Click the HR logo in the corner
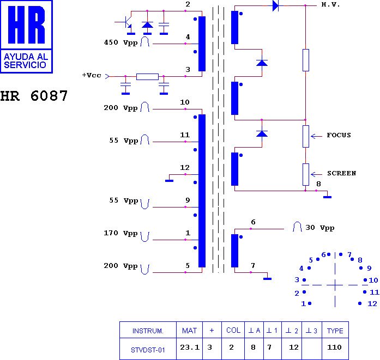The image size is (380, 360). click(27, 36)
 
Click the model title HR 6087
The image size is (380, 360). click(34, 96)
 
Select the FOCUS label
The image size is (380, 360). click(339, 135)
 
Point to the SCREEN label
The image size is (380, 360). click(341, 173)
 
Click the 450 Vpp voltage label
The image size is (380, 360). click(120, 42)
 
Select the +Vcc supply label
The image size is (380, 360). click(91, 75)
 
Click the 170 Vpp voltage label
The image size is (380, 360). click(120, 234)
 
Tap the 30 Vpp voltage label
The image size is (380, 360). click(319, 228)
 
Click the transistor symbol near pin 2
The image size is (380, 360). click(127, 23)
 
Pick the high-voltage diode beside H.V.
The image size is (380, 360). click(275, 6)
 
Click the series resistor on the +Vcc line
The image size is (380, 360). click(147, 77)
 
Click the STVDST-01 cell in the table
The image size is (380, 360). click(148, 350)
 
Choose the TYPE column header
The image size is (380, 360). click(335, 330)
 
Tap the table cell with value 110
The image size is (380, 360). click(335, 347)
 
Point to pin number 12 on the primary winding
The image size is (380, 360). click(185, 167)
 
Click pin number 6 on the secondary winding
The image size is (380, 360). click(253, 222)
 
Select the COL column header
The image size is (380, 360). click(233, 330)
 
